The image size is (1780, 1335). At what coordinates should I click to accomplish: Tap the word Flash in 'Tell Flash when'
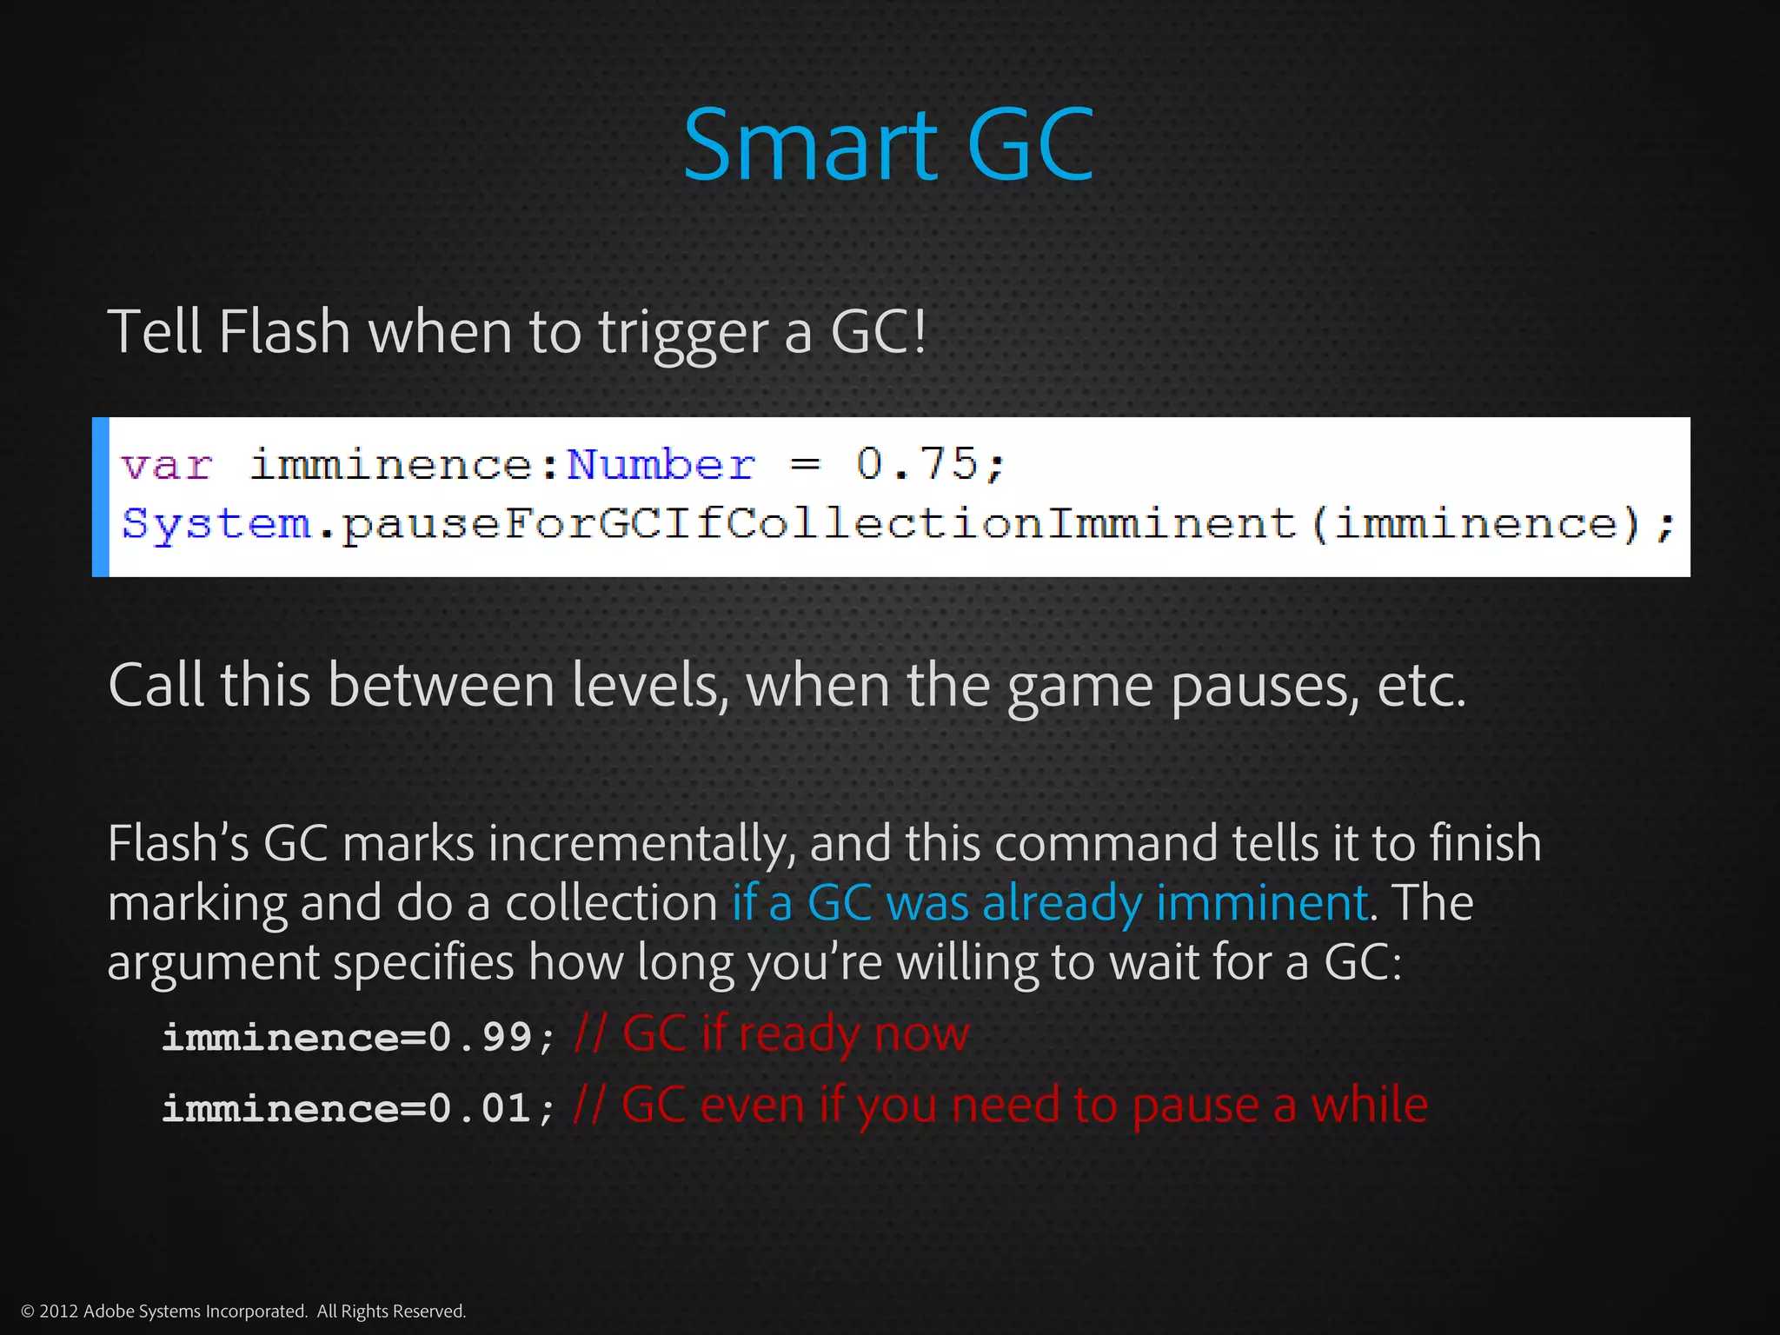[x=283, y=332]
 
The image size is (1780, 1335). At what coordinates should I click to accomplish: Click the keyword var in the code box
[x=167, y=466]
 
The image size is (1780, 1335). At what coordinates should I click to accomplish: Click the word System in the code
[x=216, y=523]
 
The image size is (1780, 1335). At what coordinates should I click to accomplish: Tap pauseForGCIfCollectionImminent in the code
[x=818, y=523]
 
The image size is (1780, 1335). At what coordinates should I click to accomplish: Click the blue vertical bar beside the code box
[x=101, y=496]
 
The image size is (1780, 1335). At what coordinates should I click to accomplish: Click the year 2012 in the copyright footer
[x=59, y=1311]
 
